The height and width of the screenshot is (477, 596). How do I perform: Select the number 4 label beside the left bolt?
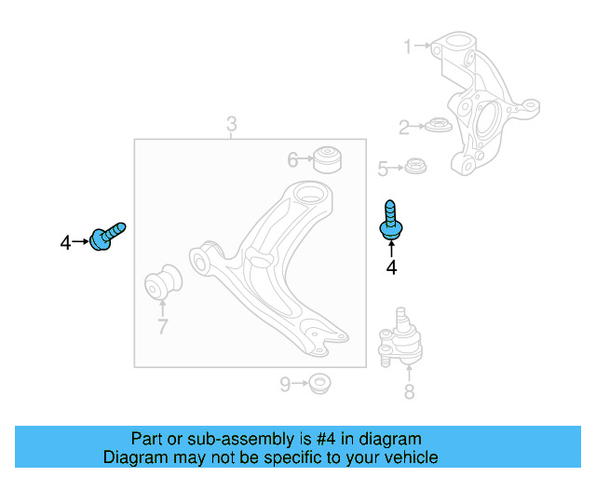coord(65,244)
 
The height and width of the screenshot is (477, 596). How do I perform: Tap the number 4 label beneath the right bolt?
coord(391,268)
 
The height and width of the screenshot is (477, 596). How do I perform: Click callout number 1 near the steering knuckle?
coord(407,46)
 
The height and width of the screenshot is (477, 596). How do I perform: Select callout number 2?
coord(404,128)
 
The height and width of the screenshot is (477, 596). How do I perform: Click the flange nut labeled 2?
coord(437,125)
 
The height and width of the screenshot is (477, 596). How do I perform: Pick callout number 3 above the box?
coord(231,124)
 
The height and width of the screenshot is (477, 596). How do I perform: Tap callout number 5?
coord(382,169)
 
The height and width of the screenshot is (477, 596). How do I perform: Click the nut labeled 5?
coord(415,167)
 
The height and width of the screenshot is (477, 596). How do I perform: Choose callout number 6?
coord(292,160)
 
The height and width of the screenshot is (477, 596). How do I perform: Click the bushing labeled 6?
coord(328,158)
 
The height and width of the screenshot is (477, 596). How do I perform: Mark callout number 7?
coord(162,326)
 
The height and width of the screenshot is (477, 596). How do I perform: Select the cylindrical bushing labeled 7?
coord(165,283)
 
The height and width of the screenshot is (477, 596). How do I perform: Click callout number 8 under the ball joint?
coord(409,392)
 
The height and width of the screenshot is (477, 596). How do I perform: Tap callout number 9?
coord(285,383)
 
